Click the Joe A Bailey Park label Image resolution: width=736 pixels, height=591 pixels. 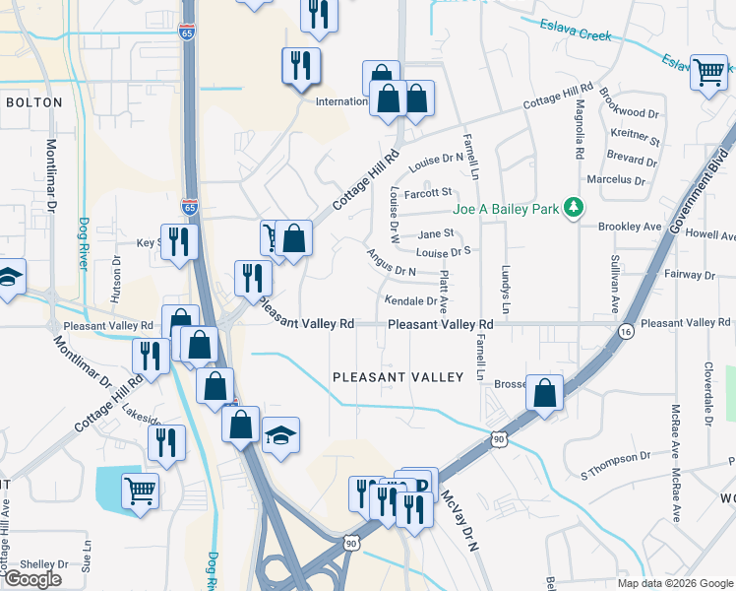coord(506,209)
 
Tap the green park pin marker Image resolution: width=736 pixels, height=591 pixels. coord(571,208)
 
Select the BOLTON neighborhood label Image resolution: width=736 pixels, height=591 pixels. coord(33,102)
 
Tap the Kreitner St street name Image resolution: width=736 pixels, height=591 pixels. coord(635,134)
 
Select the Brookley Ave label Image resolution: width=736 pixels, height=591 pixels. coord(632,227)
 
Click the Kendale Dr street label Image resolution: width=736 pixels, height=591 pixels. coord(410,301)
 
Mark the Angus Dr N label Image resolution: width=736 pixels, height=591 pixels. coord(392,263)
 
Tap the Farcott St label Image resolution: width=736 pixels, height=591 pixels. coord(428,192)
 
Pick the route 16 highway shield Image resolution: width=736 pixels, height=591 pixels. coord(626,332)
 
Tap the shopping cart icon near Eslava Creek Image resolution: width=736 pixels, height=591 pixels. coord(708,72)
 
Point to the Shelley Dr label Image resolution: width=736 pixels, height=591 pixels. coord(37,564)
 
